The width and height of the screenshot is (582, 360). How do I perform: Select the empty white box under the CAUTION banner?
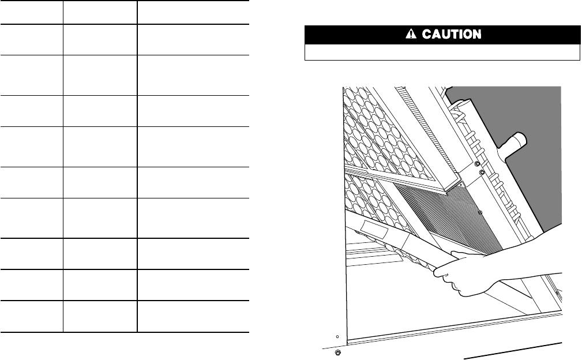(442, 52)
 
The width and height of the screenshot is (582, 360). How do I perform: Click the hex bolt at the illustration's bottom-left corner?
(339, 351)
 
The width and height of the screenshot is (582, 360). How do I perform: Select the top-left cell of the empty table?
(31, 12)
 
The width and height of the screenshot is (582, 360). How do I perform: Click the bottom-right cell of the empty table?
(193, 316)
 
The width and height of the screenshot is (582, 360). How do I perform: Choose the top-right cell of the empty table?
(193, 12)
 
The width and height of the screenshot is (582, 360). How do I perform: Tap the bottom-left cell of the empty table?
(31, 316)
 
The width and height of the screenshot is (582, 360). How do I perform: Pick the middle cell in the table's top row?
(100, 12)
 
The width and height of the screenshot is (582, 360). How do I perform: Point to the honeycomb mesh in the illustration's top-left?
(369, 127)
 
